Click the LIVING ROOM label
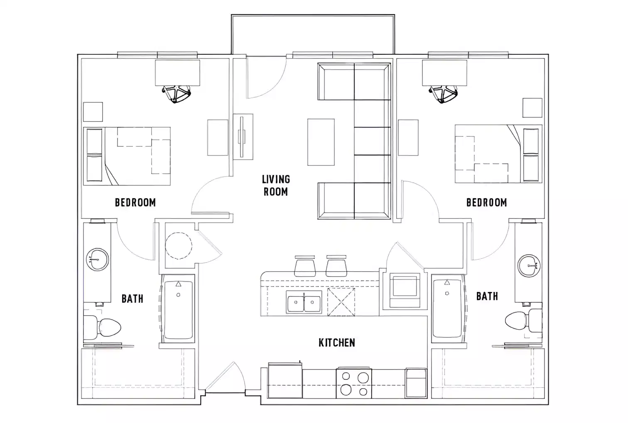pyautogui.click(x=276, y=185)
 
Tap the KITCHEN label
pyautogui.click(x=336, y=343)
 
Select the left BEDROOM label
pyautogui.click(x=135, y=202)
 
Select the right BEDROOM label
pyautogui.click(x=486, y=202)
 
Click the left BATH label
pyautogui.click(x=132, y=298)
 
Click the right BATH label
pyautogui.click(x=487, y=296)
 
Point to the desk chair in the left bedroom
pyautogui.click(x=177, y=94)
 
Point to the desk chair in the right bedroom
pyautogui.click(x=444, y=94)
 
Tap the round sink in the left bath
pyautogui.click(x=97, y=260)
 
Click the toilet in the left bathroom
pyautogui.click(x=104, y=327)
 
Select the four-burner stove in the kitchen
pyautogui.click(x=354, y=383)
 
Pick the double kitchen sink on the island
pyautogui.click(x=304, y=302)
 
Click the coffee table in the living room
pyautogui.click(x=321, y=142)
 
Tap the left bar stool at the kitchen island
pyautogui.click(x=304, y=266)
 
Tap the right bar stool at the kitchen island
pyautogui.click(x=336, y=266)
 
